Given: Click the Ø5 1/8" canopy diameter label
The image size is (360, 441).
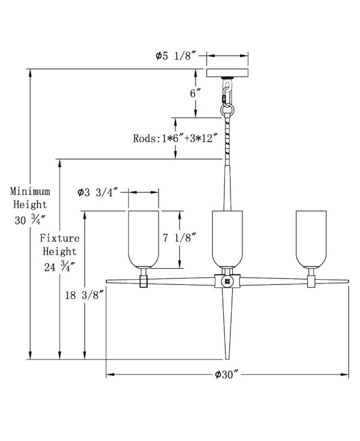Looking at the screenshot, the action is [x=175, y=56].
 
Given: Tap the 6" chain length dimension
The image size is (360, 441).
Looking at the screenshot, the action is [x=195, y=93].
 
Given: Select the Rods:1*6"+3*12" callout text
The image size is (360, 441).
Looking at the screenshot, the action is [x=175, y=139].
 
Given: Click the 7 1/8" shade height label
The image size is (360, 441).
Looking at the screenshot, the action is [x=179, y=238].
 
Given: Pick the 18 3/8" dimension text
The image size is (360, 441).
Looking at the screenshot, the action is [x=82, y=295].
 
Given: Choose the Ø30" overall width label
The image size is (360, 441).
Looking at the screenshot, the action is [x=227, y=374].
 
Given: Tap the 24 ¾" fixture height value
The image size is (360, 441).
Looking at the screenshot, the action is [x=59, y=267].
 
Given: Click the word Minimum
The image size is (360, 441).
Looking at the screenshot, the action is [x=30, y=191].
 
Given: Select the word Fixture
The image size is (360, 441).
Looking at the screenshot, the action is [x=59, y=238].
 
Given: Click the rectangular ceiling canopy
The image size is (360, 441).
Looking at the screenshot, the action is [x=227, y=73].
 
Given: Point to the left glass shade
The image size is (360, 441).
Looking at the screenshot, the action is [x=144, y=239].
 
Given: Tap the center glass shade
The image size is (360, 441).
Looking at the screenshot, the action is [x=227, y=239].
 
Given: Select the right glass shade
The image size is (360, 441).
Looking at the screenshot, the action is [x=311, y=239].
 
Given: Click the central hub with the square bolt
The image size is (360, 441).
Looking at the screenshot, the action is [x=227, y=281].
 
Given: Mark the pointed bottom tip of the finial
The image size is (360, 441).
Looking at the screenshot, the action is [x=227, y=359].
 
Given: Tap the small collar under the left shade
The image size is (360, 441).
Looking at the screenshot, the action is [x=144, y=281].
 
